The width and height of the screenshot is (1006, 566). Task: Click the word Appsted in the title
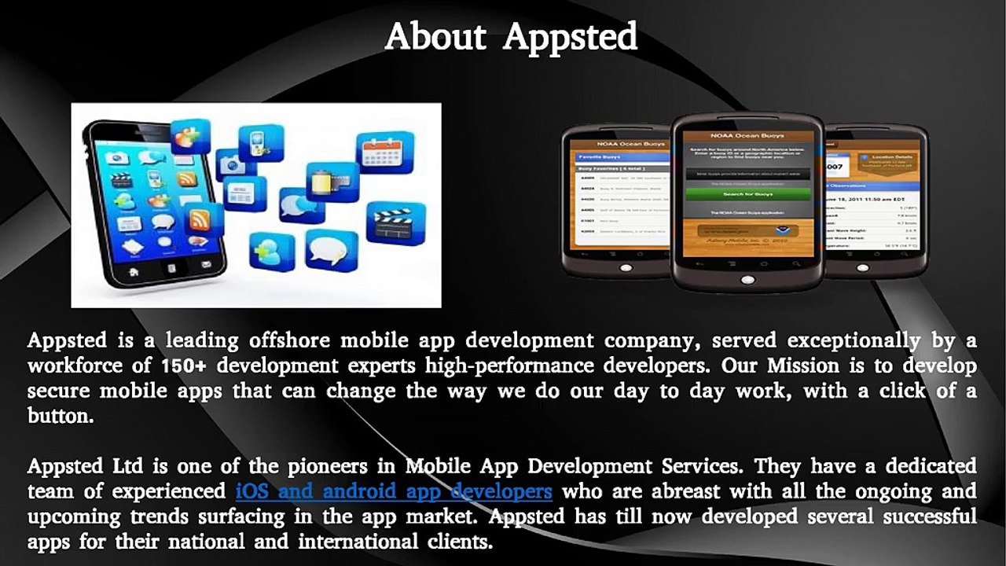tap(570, 37)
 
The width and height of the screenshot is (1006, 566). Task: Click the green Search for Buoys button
tap(747, 193)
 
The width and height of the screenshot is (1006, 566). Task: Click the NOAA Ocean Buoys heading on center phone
tap(747, 135)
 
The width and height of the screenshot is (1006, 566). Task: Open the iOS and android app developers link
tap(394, 492)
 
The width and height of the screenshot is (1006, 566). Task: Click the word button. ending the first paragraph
tap(61, 417)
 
